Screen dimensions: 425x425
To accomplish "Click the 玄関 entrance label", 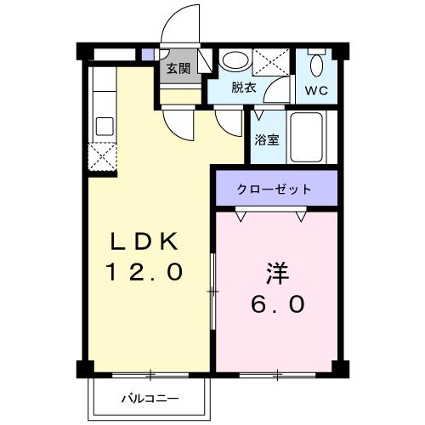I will click(x=178, y=69).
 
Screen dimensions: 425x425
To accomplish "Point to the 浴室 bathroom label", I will click(x=267, y=140).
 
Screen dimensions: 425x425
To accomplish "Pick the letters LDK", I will click(x=144, y=241).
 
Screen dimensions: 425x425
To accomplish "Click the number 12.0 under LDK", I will click(x=144, y=273).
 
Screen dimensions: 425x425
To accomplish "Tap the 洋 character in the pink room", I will click(x=278, y=275).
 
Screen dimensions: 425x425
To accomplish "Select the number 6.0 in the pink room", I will click(x=278, y=304).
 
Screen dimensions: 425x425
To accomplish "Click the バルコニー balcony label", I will click(x=149, y=397).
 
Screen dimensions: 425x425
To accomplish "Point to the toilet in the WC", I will click(x=318, y=63).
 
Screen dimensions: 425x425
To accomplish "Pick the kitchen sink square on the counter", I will click(x=105, y=126).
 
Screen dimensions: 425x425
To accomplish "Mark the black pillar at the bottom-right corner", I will click(x=340, y=369).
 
